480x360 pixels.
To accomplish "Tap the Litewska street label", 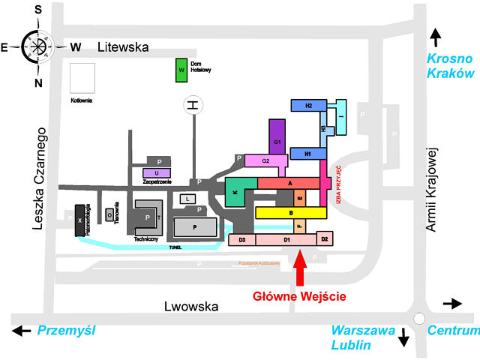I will (x=123, y=47).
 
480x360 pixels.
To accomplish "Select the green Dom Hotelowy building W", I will (x=181, y=70).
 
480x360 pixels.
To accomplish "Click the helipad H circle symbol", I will (x=193, y=106).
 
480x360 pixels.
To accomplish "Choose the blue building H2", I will (x=308, y=106).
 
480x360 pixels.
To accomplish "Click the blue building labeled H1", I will (x=307, y=154).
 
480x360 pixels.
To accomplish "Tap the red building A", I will (x=289, y=183).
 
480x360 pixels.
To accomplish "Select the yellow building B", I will (x=290, y=213).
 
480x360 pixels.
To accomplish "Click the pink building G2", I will (x=265, y=161).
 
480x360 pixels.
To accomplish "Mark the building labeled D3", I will (x=241, y=240).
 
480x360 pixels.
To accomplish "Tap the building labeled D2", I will (x=325, y=238).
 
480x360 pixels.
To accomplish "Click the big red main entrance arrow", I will (x=300, y=268).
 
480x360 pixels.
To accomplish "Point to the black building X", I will (x=79, y=221).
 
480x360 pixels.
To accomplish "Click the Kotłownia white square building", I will (x=82, y=77).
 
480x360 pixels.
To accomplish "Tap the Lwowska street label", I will (x=191, y=306).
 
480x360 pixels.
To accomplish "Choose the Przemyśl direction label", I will (x=67, y=330).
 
